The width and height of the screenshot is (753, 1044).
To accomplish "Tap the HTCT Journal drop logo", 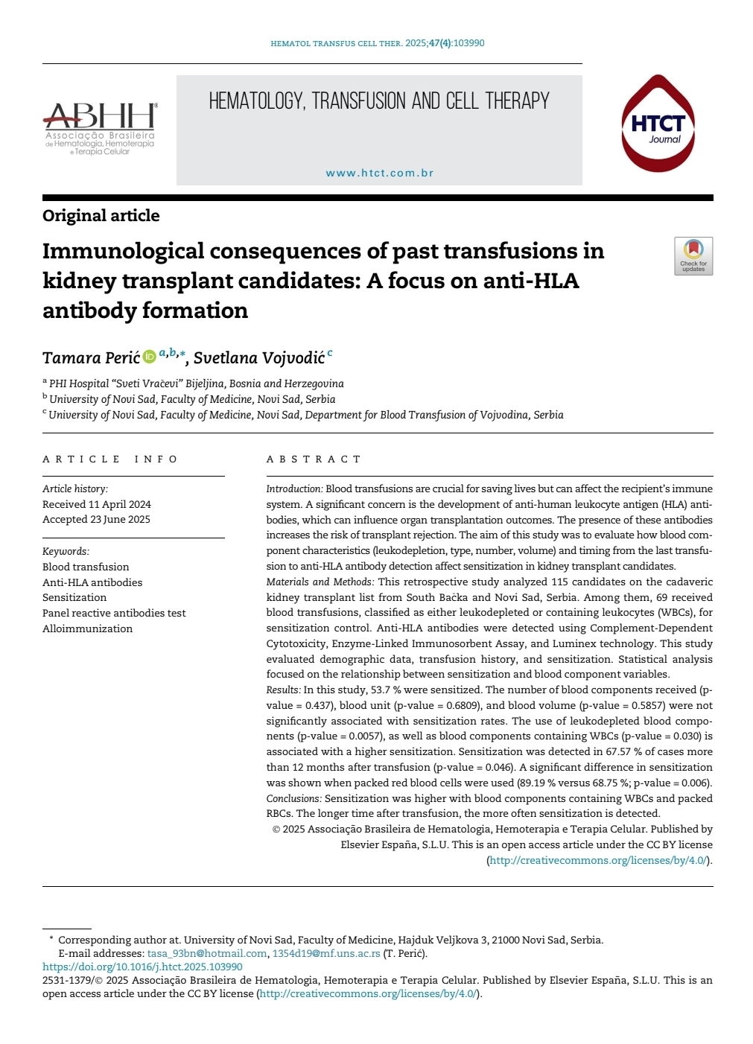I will pos(658,124).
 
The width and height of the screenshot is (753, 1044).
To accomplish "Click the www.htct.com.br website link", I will pos(380,173).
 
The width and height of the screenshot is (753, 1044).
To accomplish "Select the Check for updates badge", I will pos(693,256).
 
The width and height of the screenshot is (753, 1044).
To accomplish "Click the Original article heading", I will pos(101,216).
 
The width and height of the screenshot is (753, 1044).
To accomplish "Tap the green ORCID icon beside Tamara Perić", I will pos(149,357).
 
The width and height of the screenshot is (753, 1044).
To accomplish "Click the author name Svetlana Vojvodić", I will pos(258,358).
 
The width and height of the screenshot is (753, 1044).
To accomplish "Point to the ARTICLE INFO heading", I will pos(110,459).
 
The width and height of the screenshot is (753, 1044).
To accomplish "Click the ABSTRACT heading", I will pos(314,459).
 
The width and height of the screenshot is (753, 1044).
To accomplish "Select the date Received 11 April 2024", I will pos(97,504).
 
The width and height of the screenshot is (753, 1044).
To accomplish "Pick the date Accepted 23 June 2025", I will pos(96,519).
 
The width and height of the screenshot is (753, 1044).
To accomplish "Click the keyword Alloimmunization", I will pos(87,628).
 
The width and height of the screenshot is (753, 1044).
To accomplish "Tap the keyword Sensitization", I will pos(74,597).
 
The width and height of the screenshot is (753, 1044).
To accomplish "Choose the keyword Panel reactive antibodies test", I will pos(114,613).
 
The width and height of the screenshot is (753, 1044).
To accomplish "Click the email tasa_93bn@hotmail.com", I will pos(207,953).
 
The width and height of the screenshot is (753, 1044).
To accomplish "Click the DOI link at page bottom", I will pos(142,967).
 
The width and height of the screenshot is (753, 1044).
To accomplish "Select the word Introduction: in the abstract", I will pos(294,489).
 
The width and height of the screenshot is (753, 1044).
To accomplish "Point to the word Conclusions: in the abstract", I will pos(294,798).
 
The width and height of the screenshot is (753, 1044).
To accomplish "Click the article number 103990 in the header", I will pos(468,43).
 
